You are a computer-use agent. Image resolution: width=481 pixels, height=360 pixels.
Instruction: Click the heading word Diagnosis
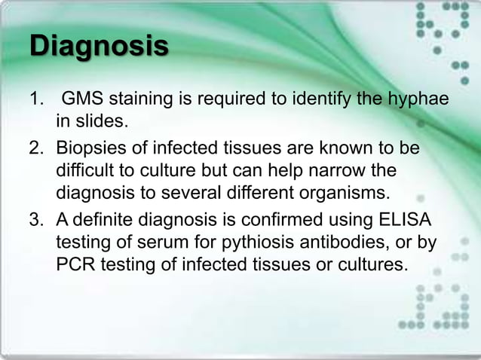[x=98, y=47]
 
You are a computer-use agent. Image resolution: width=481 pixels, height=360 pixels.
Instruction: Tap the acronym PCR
[x=78, y=266]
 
